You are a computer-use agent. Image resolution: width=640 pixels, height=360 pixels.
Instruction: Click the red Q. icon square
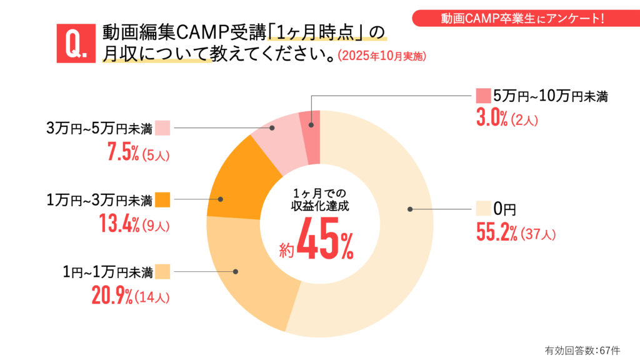point(76,43)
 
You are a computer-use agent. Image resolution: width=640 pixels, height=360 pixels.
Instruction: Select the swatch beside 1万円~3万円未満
point(162,200)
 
